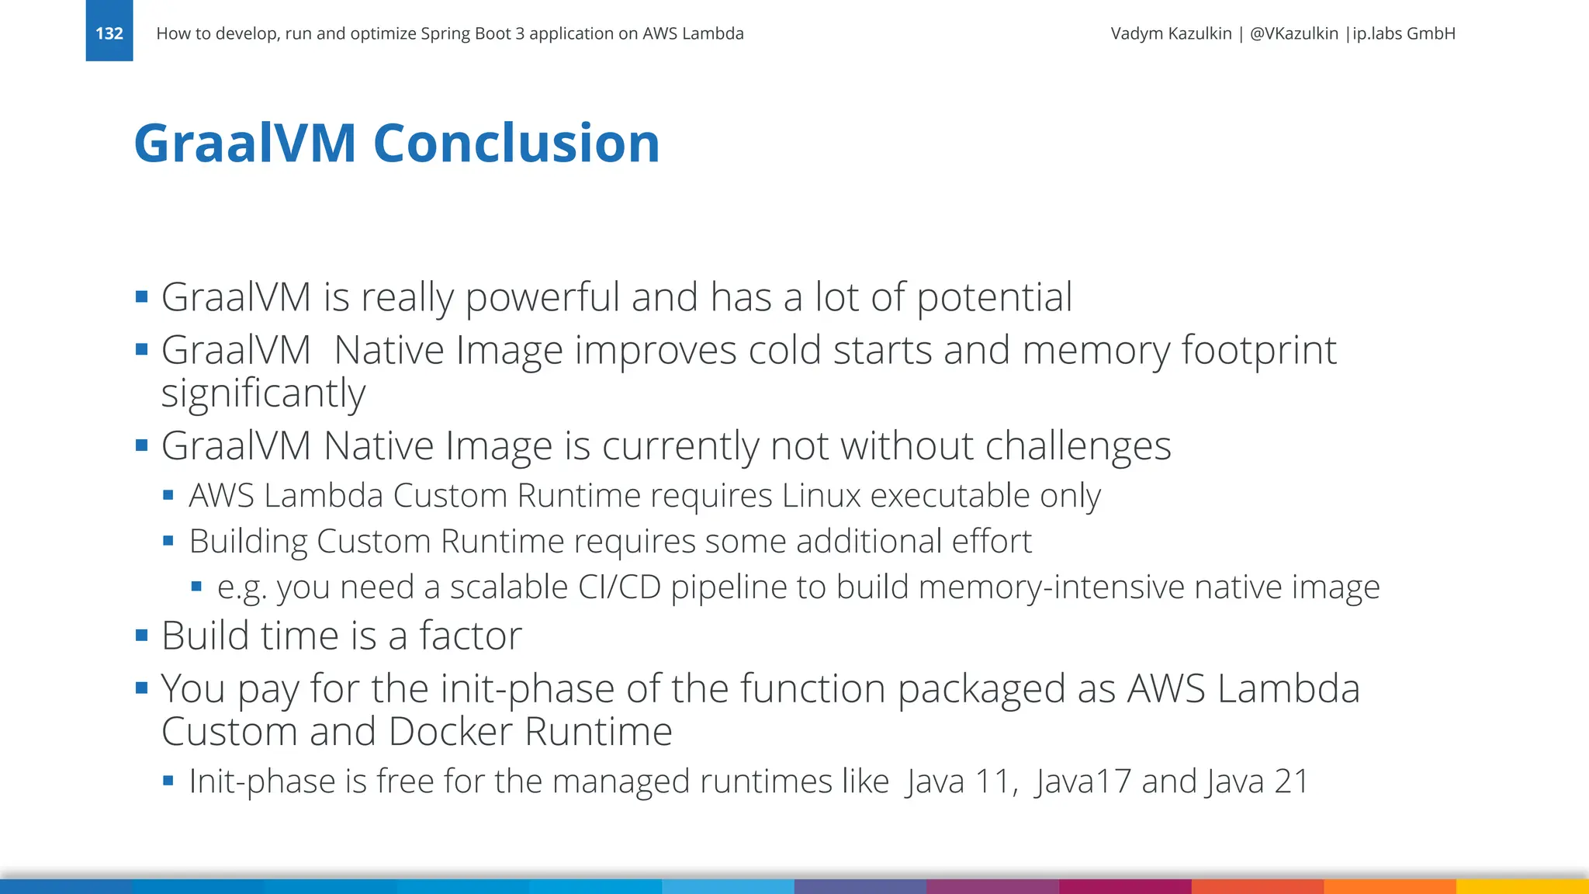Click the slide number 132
click(109, 33)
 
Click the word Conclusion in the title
click(516, 144)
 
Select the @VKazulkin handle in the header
click(1293, 33)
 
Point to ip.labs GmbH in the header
click(1404, 33)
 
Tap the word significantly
click(263, 394)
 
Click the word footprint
click(1258, 351)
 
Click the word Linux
click(821, 496)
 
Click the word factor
click(470, 636)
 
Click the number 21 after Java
click(1291, 781)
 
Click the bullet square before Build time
click(141, 636)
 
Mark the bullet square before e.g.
click(196, 587)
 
